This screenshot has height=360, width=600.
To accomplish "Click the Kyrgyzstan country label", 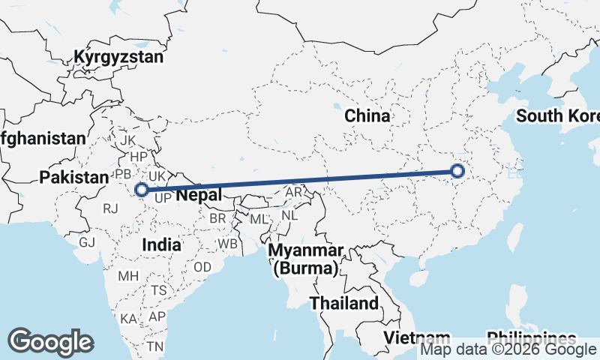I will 118,57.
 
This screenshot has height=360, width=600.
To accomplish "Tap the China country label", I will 367,116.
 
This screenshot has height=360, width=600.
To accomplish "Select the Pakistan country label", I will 74,178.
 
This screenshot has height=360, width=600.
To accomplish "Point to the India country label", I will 161,244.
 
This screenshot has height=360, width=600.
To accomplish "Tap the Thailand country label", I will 345,304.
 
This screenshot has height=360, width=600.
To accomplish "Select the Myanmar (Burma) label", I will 307,259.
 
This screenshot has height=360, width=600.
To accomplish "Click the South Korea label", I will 559,116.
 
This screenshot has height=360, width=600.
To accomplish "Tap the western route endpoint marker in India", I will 140,190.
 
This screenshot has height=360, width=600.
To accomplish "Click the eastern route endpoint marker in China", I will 459,172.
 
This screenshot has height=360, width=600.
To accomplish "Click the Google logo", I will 51,342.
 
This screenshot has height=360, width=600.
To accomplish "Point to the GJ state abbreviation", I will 88,242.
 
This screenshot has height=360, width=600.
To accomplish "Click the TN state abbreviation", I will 155,346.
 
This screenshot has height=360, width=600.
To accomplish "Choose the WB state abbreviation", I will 227,244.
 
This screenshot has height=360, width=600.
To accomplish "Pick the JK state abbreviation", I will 128,140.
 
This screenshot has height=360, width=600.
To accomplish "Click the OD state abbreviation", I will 202,267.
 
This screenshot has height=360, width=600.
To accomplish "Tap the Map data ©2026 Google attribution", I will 508,349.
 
